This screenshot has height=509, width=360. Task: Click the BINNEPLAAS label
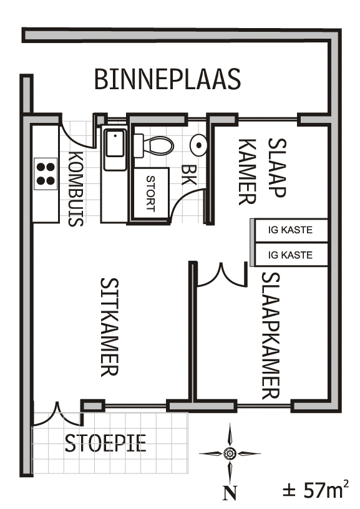click(167, 79)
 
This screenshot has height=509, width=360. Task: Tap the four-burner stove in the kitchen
click(46, 173)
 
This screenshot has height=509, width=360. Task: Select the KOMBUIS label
click(75, 188)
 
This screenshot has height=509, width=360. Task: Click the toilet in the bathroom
click(153, 145)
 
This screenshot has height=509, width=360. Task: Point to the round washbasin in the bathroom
click(198, 145)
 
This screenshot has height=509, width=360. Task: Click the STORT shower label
click(150, 193)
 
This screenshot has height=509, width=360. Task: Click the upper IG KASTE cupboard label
click(290, 230)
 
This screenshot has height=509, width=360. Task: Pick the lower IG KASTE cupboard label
click(290, 255)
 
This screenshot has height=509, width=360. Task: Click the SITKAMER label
click(110, 327)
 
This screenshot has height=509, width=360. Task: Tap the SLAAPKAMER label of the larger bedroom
click(270, 336)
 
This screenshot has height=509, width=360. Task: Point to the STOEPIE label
click(105, 443)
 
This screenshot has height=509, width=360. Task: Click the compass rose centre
click(230, 453)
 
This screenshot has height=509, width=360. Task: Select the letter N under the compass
click(230, 493)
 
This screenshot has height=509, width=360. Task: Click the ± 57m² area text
click(316, 488)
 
